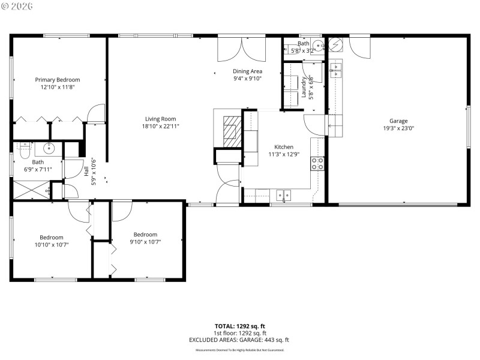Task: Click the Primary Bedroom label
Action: tap(57, 80)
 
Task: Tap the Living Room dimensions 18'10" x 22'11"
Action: tap(160, 126)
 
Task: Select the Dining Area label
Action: tap(248, 71)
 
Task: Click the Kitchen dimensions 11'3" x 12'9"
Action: tap(284, 154)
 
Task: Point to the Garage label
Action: tap(398, 121)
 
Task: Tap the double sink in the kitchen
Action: tap(284, 194)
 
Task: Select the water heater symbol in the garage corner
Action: tap(336, 44)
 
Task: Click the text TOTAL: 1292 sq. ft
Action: tap(240, 326)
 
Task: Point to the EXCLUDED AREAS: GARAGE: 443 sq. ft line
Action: tap(240, 340)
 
